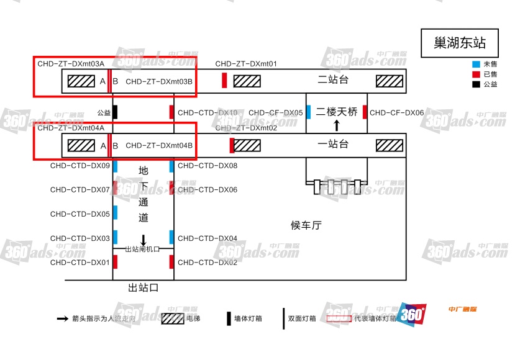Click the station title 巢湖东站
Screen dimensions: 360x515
pyautogui.click(x=460, y=43)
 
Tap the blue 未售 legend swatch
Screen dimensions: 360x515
pyautogui.click(x=476, y=64)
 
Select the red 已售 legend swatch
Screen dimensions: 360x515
pyautogui.click(x=476, y=74)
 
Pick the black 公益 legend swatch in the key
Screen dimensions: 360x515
pyautogui.click(x=476, y=84)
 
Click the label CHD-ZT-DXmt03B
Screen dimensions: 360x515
pyautogui.click(x=159, y=81)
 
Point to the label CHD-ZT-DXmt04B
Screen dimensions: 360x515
pyautogui.click(x=159, y=146)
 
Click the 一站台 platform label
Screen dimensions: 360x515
pyautogui.click(x=333, y=145)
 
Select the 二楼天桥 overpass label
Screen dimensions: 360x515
pyautogui.click(x=337, y=112)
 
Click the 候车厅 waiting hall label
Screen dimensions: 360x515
pyautogui.click(x=306, y=225)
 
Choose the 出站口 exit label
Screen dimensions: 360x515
pyautogui.click(x=144, y=288)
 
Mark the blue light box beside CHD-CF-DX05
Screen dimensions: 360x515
pyautogui.click(x=308, y=112)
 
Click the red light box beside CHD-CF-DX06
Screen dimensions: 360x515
pyautogui.click(x=365, y=112)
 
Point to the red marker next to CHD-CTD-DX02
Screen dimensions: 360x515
pyautogui.click(x=171, y=262)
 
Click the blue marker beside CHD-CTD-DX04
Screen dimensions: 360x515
pyautogui.click(x=171, y=238)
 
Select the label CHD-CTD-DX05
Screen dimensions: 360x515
pyautogui.click(x=80, y=214)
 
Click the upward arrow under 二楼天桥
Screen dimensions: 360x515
pyautogui.click(x=337, y=125)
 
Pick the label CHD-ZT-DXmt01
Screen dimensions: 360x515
pyautogui.click(x=246, y=64)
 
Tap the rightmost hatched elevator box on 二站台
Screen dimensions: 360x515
pyautogui.click(x=389, y=81)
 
